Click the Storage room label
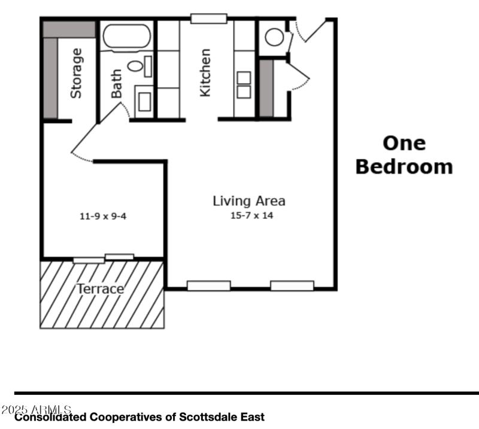click(77, 74)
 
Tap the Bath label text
click(117, 83)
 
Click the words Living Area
click(248, 201)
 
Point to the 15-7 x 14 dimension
click(251, 215)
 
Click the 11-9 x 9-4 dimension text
click(103, 216)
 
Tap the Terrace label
click(100, 289)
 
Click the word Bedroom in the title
click(404, 166)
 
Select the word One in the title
click(404, 143)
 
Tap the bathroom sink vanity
click(144, 102)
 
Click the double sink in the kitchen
click(244, 84)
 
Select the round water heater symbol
click(274, 37)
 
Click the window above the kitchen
click(208, 19)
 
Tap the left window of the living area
click(208, 286)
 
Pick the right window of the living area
click(292, 286)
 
